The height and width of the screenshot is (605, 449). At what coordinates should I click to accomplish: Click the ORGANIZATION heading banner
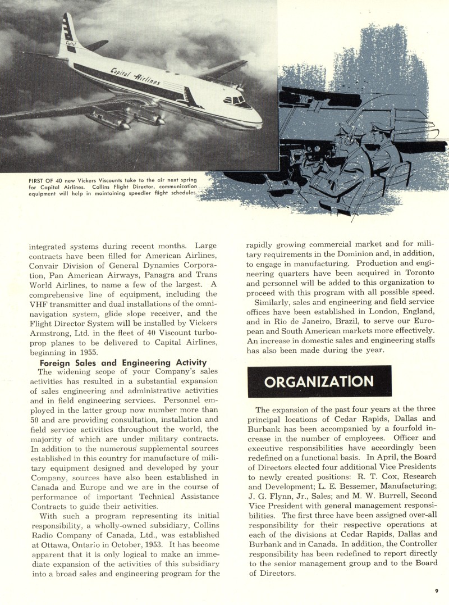pos(319,381)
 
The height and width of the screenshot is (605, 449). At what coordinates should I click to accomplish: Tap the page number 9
pos(436,590)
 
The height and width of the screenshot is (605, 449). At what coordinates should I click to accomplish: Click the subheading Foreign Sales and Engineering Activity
pos(123,362)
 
